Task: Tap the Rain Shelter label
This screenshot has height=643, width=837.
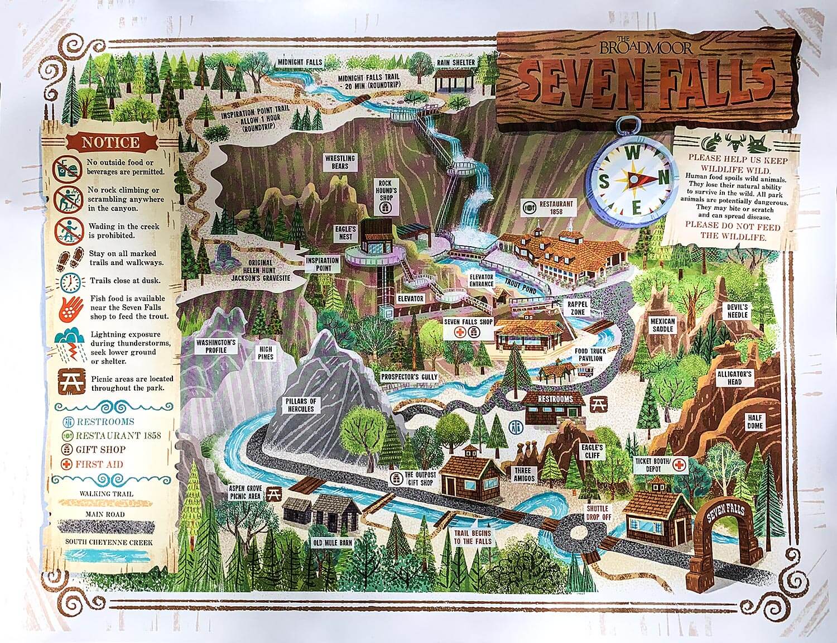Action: [x=456, y=63]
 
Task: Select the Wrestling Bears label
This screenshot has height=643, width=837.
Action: [x=340, y=162]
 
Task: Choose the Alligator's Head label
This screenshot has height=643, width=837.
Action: [x=734, y=378]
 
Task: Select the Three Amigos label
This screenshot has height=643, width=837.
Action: [x=524, y=474]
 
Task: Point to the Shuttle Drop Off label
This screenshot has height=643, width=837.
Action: [x=598, y=513]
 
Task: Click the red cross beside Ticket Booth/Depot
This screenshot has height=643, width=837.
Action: [x=679, y=464]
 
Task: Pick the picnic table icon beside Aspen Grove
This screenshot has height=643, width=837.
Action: [x=273, y=492]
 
